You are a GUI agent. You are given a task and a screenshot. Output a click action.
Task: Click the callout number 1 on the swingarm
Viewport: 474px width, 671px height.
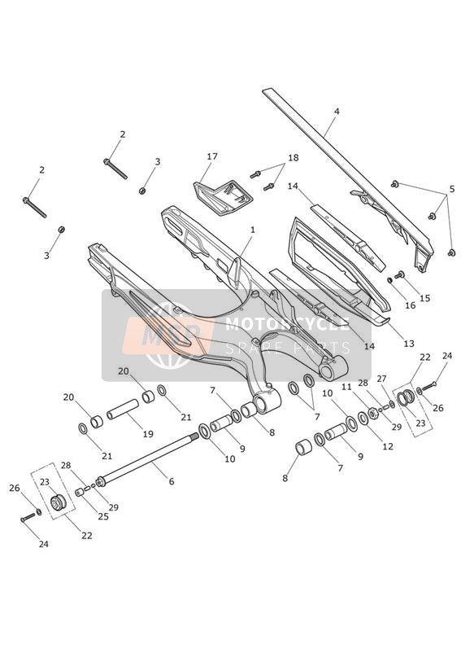pyautogui.click(x=253, y=230)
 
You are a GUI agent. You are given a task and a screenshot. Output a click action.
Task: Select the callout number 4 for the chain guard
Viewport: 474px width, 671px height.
pyautogui.click(x=337, y=112)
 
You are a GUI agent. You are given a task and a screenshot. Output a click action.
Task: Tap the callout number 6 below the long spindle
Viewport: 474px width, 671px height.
pyautogui.click(x=172, y=481)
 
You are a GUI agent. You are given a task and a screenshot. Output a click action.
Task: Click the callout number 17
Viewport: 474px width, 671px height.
pyautogui.click(x=212, y=156)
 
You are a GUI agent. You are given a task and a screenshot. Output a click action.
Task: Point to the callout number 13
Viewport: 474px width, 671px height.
pyautogui.click(x=409, y=343)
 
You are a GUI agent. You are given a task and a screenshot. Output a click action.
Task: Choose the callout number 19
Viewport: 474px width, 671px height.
pyautogui.click(x=148, y=434)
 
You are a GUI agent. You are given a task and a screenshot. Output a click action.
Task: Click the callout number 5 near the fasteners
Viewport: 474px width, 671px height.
pyautogui.click(x=452, y=189)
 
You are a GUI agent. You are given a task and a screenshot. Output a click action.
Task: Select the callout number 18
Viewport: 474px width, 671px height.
pyautogui.click(x=294, y=158)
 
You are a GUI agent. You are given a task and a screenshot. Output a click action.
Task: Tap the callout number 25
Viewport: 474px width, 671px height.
pyautogui.click(x=103, y=516)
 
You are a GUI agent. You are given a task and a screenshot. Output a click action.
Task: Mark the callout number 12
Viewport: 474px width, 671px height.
pyautogui.click(x=388, y=446)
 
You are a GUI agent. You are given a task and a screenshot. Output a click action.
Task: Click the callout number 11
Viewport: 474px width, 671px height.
pyautogui.click(x=346, y=387)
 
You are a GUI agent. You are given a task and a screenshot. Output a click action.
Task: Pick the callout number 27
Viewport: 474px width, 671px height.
pyautogui.click(x=381, y=379)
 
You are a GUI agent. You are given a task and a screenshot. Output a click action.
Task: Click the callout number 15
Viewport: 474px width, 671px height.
pyautogui.click(x=425, y=298)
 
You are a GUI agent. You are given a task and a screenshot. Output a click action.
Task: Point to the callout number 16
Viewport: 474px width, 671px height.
pyautogui.click(x=411, y=305)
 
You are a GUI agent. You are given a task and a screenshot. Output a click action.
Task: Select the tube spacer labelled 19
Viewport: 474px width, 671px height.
pyautogui.click(x=123, y=410)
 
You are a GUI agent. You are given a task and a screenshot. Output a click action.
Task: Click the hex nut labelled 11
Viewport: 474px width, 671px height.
pyautogui.click(x=372, y=413)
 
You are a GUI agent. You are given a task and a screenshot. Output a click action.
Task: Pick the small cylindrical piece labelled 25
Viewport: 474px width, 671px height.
pyautogui.click(x=79, y=493)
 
